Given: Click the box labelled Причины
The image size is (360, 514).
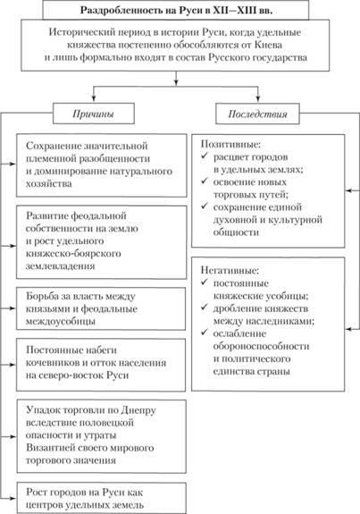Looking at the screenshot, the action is (94, 114).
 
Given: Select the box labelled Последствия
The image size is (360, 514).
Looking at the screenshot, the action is (257, 114).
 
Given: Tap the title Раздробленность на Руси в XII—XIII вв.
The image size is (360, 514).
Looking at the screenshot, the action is (177, 10).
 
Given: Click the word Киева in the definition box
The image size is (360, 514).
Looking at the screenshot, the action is (269, 45).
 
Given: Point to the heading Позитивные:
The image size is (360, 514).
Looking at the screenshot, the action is (230, 144).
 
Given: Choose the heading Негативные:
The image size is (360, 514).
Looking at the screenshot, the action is (230, 271).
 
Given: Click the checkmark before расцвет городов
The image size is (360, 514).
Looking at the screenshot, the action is (205, 156).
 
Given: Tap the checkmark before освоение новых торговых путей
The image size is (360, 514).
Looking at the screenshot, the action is (205, 181).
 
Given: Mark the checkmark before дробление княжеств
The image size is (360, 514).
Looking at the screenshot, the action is (205, 308).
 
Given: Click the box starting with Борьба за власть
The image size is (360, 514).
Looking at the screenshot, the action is (101, 308).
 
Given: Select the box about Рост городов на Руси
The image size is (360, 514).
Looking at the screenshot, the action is (102, 498).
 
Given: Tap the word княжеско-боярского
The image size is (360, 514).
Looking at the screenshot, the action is (73, 253).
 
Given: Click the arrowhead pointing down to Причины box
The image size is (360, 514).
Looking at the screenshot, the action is (94, 97).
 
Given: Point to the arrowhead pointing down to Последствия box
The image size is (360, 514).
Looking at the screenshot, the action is (258, 97).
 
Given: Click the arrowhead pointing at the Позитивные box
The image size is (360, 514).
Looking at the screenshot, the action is (348, 190).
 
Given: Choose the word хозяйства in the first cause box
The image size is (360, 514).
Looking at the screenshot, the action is (49, 183).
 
